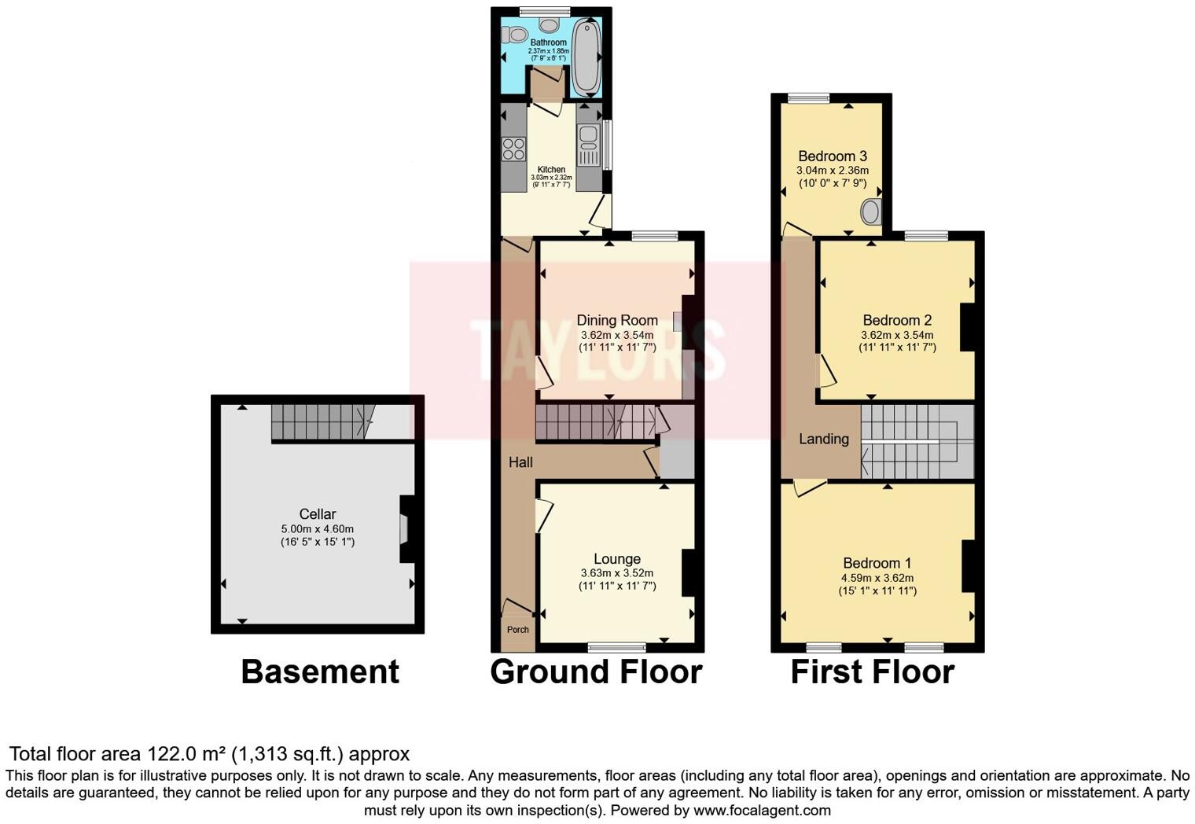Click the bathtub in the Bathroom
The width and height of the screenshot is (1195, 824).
click(x=586, y=57)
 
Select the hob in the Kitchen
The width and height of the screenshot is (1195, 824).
click(x=514, y=149)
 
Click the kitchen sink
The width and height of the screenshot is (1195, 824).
click(x=586, y=140)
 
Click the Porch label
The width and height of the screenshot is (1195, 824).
click(x=517, y=630)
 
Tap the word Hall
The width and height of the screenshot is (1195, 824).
click(x=520, y=462)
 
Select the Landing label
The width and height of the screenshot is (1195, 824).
click(x=824, y=439)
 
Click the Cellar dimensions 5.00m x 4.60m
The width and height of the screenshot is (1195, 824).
click(x=318, y=529)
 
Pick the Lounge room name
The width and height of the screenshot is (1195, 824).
click(x=617, y=559)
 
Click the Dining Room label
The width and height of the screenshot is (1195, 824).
click(x=617, y=320)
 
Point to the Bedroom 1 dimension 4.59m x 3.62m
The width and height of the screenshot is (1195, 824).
click(x=877, y=578)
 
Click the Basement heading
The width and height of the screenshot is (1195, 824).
click(x=320, y=672)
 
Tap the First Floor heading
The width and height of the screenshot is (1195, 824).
click(x=872, y=672)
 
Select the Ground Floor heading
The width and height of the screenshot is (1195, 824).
click(x=596, y=672)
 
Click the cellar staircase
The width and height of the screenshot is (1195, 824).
click(x=318, y=422)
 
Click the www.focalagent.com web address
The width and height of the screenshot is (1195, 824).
click(x=762, y=810)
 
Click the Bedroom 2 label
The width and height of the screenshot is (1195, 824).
click(x=897, y=320)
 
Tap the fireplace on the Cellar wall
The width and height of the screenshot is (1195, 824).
click(x=405, y=529)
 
